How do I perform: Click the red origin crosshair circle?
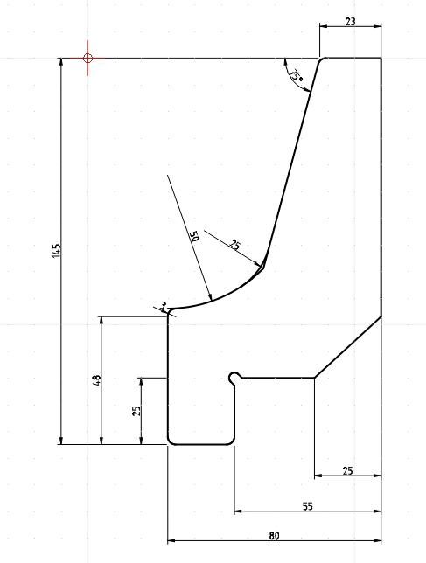tap(87, 58)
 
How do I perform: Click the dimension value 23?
tap(350, 22)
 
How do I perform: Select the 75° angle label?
tap(297, 74)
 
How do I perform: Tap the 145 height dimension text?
tap(57, 250)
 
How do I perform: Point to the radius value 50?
tap(194, 236)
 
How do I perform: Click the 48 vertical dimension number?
tap(97, 380)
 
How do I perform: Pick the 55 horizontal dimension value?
tap(308, 506)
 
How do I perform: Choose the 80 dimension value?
tap(274, 536)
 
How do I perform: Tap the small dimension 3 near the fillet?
tap(164, 306)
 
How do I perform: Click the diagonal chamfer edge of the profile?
tap(347, 347)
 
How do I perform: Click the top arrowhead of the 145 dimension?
tap(61, 59)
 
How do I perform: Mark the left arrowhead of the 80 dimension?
tap(168, 540)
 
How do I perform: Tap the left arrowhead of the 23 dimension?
tap(319, 26)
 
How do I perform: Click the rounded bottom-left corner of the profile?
tap(171, 442)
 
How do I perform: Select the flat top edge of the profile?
tap(353, 58)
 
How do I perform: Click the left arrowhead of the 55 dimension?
tap(234, 511)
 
